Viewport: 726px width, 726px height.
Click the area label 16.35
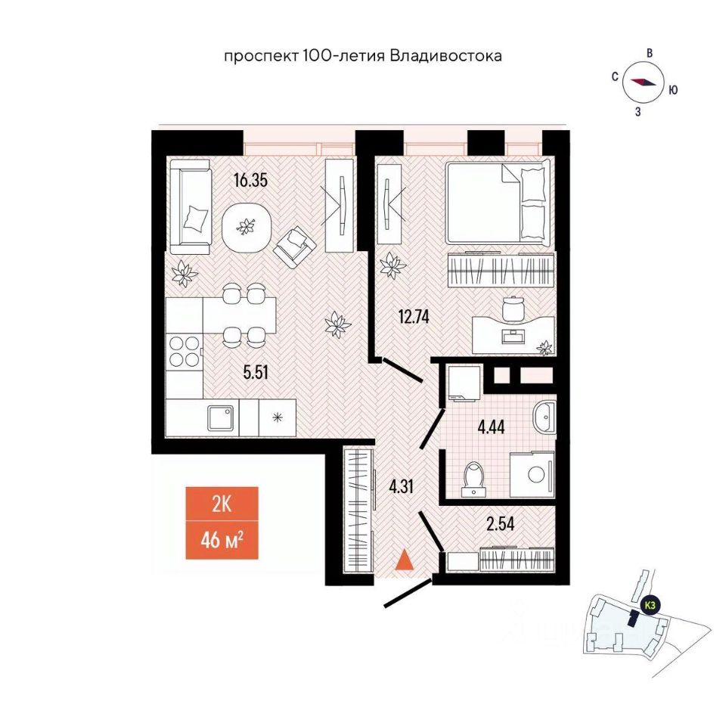coord(251,181)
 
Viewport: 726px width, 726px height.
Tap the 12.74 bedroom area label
coord(414,317)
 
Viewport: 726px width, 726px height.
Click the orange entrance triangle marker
coord(405,560)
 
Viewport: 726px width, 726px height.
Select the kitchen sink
coord(225,416)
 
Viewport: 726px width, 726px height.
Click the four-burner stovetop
coord(184,352)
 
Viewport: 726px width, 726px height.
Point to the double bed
coord(496,201)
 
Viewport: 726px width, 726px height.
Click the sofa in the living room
coord(190,211)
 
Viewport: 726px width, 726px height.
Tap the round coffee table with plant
coord(246,225)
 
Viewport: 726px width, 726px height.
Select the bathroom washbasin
coord(544,417)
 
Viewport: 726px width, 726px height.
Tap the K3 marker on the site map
coord(650,605)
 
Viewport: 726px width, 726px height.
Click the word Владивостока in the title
coord(445,56)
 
